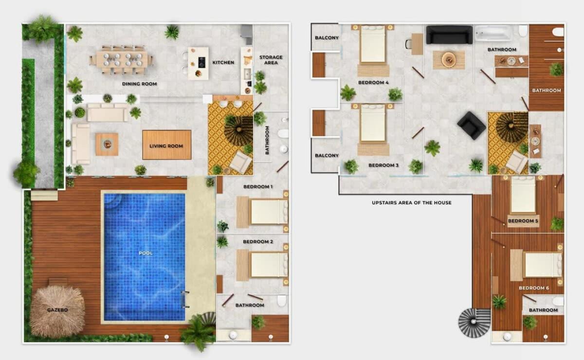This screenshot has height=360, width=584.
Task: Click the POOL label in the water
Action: tap(146, 253)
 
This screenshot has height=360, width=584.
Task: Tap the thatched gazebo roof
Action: tap(57, 311)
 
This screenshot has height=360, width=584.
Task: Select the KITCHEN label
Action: tap(223, 63)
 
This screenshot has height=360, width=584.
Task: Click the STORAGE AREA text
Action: tap(271, 60)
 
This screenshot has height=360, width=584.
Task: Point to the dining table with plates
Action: tap(122, 60)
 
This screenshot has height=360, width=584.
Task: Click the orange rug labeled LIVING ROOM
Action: tap(166, 145)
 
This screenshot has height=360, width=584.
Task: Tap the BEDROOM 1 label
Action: tap(258, 187)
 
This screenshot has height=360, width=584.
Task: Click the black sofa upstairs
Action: tap(449, 35)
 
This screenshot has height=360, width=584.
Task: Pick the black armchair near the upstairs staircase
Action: tap(472, 126)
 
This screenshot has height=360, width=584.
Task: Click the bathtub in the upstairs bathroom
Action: tap(493, 34)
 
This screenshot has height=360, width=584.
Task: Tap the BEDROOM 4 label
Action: tap(373, 83)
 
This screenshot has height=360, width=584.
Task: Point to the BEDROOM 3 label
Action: tap(383, 165)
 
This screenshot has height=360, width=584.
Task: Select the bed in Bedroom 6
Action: tap(536, 265)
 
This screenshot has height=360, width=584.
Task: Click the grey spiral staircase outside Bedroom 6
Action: tap(474, 322)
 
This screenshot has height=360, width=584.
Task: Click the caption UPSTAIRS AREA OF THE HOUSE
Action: tap(412, 202)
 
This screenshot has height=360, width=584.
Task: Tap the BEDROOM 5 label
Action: tap(523, 221)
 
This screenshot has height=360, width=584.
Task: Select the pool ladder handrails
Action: tap(185, 300)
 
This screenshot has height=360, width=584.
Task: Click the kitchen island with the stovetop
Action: tap(198, 63)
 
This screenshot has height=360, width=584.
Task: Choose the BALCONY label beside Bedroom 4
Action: tap(327, 38)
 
